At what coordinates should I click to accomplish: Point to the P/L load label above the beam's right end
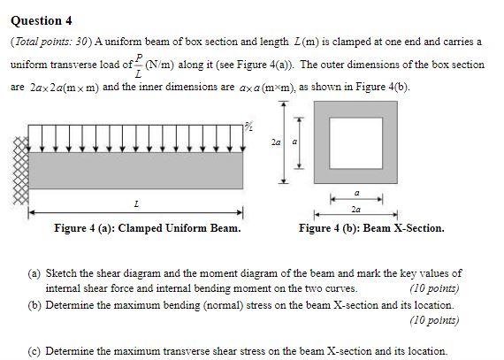point(250,133)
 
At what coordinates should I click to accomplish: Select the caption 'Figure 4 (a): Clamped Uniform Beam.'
point(147,228)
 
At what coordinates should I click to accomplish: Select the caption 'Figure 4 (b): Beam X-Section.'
point(371,228)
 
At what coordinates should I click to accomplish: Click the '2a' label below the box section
point(355,210)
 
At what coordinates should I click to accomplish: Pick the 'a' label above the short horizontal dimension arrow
point(356,190)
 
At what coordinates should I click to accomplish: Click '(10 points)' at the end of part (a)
point(435,287)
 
